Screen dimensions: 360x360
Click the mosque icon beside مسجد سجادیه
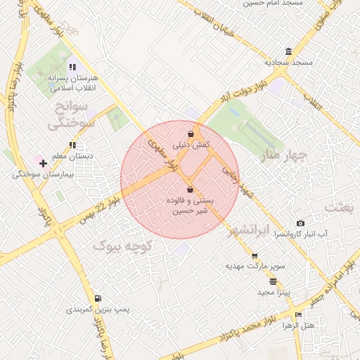289,51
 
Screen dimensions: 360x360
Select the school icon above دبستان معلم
72,145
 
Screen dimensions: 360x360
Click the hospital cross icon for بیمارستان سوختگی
44,163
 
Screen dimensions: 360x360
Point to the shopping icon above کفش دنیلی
191,134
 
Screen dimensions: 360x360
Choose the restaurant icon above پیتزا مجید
273,281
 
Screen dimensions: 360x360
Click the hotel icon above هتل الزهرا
298,314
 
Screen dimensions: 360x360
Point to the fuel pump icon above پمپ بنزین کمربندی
98,298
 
